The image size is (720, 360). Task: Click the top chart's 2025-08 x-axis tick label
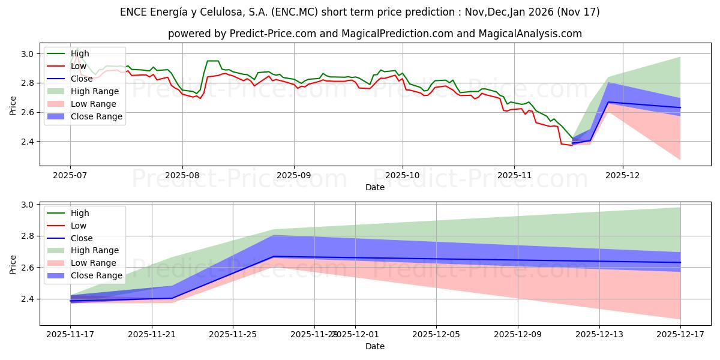tap(182, 175)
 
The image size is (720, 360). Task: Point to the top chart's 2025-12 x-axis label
tap(623, 175)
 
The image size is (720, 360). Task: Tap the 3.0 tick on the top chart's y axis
tap(27, 54)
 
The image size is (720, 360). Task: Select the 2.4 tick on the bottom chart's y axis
tap(27, 299)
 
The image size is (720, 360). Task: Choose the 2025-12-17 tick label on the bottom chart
tap(680, 334)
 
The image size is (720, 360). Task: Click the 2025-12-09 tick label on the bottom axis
tap(517, 334)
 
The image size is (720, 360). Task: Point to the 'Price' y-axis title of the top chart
tap(14, 104)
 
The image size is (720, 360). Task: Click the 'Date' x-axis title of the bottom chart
tap(375, 346)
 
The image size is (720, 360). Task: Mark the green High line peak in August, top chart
tap(212, 61)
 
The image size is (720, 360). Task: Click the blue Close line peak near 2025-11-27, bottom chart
tap(274, 257)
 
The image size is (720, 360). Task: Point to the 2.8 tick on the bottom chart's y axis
tap(27, 236)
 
